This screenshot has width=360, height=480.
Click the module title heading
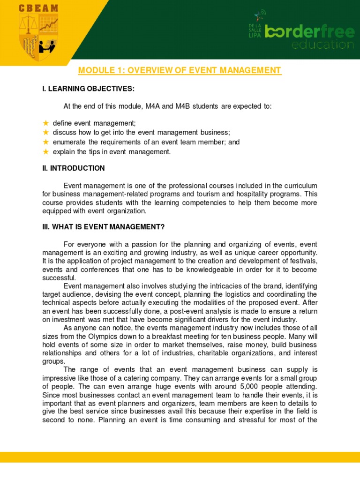coord(180,70)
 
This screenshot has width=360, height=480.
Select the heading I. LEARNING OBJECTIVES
coord(88,89)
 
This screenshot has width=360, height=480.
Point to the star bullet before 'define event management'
coord(45,123)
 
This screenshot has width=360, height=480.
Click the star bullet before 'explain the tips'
coord(45,151)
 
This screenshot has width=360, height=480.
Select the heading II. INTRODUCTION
coord(74,168)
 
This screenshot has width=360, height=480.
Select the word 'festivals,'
coord(301,261)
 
